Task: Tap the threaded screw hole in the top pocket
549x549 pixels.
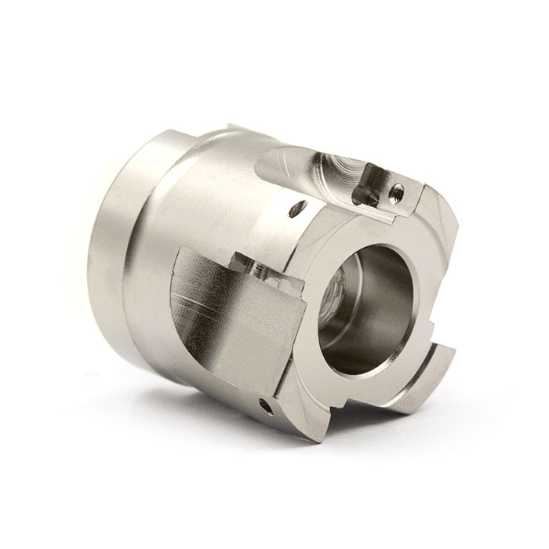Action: tap(398, 187)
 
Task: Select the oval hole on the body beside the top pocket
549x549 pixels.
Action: tap(297, 208)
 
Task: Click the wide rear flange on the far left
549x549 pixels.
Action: tap(110, 251)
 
